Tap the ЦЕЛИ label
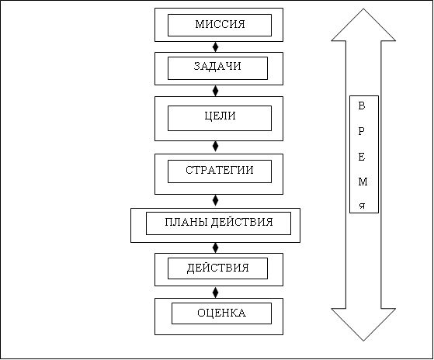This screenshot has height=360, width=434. coord(220,116)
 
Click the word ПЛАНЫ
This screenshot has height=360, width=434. coord(187,222)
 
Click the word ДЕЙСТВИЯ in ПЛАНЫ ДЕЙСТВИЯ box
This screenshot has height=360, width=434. coord(242,223)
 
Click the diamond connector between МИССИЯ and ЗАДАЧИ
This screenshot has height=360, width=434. coord(215,47)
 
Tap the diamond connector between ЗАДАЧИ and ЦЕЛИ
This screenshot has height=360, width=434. coord(215,91)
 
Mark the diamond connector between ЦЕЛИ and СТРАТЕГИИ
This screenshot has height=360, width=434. coord(215,147)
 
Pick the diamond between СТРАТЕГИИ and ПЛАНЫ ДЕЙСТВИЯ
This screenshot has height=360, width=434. coord(215,200)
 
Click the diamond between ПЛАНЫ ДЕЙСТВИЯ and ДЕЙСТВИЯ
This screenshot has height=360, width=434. coord(215,247)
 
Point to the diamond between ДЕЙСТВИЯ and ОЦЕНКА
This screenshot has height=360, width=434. coord(215,292)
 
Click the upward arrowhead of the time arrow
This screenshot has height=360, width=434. coord(363,25)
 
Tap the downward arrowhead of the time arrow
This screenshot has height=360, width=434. coord(363,324)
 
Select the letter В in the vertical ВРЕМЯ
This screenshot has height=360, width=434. coord(362,106)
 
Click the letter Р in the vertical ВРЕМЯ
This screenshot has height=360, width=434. coord(361,131)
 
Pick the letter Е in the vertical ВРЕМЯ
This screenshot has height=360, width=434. coord(362,157)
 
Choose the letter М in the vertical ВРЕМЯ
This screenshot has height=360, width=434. coord(363,182)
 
